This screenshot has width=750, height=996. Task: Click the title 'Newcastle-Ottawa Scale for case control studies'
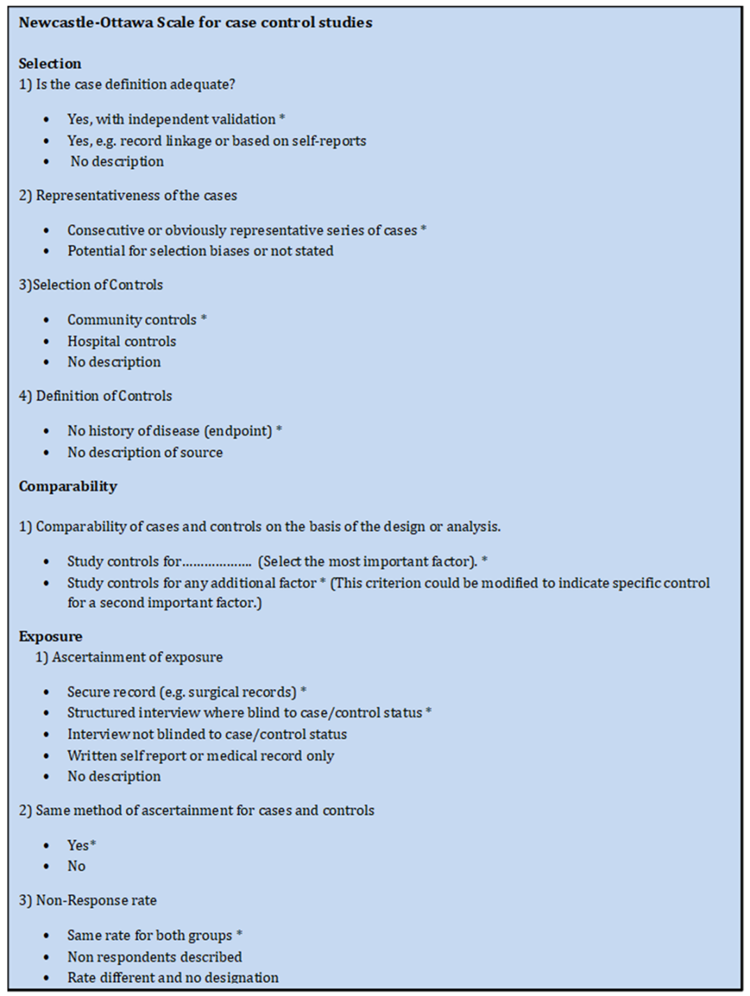(195, 22)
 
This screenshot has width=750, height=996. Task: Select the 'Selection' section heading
(50, 64)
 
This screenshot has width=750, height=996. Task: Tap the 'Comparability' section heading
(68, 486)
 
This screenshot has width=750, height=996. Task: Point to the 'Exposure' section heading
(50, 637)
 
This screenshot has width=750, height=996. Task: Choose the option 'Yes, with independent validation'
(172, 119)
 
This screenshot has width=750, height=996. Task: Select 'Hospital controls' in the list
(121, 341)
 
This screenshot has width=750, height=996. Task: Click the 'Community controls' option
(132, 320)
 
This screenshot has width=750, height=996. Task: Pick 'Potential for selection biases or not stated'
(200, 251)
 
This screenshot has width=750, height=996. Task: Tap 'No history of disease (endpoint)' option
(170, 431)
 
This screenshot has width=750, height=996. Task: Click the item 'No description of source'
(145, 452)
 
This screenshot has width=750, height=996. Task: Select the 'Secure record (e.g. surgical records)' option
(182, 692)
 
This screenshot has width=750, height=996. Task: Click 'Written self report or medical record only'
(200, 756)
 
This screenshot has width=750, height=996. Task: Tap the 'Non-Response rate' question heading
(88, 900)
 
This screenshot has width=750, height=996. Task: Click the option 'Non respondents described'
(154, 957)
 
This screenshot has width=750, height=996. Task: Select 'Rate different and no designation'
(172, 978)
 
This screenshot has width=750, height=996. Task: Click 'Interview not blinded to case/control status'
(207, 734)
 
